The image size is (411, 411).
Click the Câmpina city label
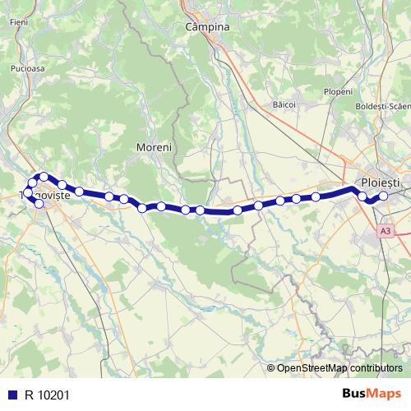coord(207,26)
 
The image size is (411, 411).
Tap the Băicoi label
coord(284,105)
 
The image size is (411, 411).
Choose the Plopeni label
coord(338,91)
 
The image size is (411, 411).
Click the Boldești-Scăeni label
coord(382,107)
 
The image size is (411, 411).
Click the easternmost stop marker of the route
coord(383,196)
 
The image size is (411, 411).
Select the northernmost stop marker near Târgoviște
coord(44,177)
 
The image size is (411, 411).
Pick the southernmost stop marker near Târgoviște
coord(39,204)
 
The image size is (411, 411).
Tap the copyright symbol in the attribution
coord(271,367)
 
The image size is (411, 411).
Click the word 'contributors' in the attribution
coord(375,367)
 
